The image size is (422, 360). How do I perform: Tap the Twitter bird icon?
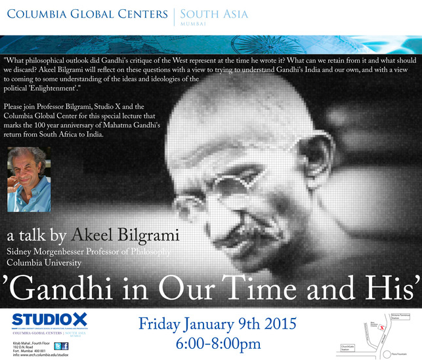tap(56, 346)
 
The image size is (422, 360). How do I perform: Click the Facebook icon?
tap(65, 346)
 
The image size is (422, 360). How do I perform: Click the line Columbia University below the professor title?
tap(45, 262)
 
